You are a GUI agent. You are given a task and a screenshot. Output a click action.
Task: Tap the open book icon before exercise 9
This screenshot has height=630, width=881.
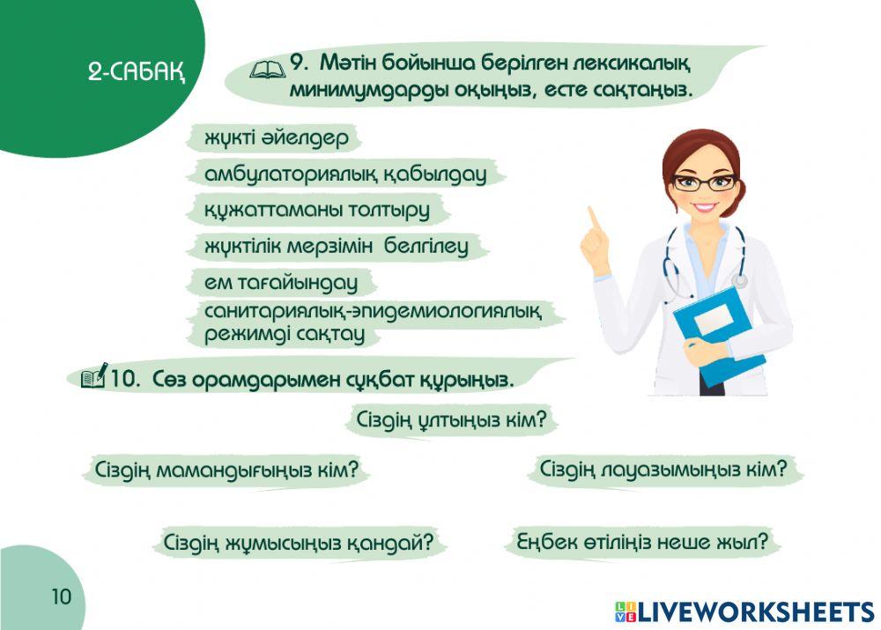(266, 66)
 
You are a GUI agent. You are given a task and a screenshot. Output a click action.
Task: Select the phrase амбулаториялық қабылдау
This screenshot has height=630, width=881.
(344, 174)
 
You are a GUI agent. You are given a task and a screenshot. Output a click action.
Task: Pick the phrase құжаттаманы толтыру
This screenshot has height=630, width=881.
(316, 211)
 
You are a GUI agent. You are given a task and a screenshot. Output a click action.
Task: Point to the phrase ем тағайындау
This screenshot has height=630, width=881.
(280, 283)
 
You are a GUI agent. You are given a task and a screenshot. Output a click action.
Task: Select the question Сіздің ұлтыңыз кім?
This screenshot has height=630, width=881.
(452, 419)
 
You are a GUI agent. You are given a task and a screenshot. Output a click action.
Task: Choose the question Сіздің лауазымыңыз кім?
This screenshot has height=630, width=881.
(663, 468)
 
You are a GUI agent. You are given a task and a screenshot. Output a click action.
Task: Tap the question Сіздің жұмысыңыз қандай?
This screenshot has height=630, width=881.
(299, 542)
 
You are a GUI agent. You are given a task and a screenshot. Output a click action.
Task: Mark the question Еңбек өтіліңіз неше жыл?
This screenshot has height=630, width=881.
(642, 541)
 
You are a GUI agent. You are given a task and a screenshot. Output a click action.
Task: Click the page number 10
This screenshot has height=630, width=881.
(60, 597)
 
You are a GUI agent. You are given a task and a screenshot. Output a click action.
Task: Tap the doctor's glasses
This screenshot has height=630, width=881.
(703, 182)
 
